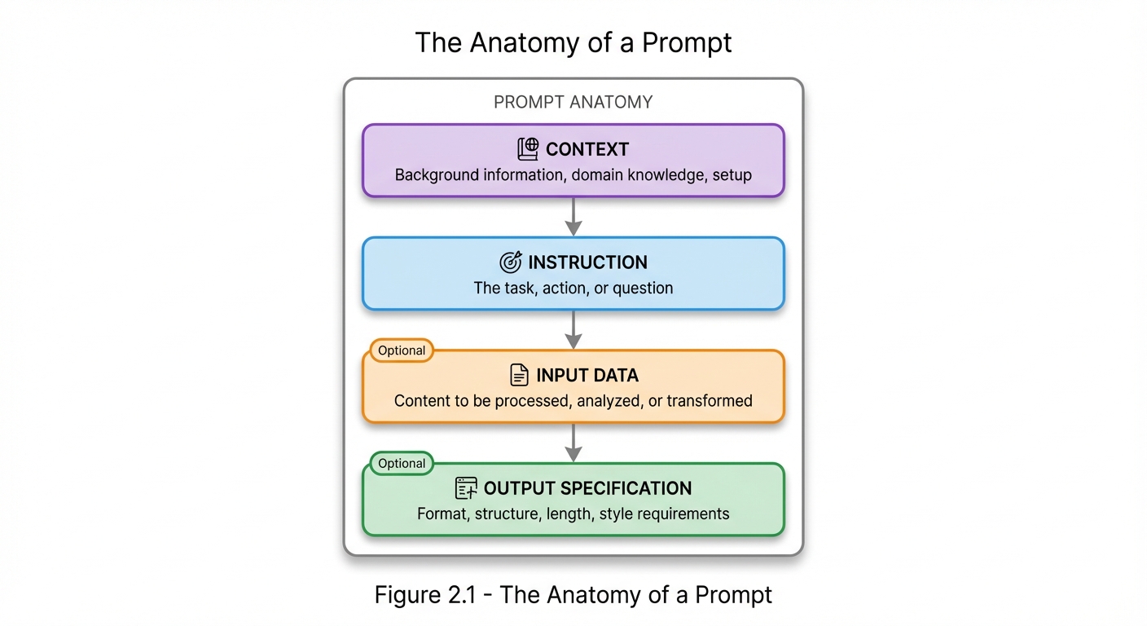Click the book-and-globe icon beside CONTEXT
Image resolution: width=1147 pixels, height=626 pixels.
pos(528,149)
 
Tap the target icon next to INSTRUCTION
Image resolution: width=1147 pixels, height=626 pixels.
pos(510,262)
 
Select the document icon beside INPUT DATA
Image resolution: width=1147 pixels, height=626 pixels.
pos(519,375)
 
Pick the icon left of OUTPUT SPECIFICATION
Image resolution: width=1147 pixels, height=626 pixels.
pos(466,488)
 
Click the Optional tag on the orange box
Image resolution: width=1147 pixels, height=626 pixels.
pos(402,350)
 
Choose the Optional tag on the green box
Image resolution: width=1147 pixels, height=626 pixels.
pos(402,463)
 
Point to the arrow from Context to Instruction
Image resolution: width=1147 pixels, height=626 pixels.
pos(573,216)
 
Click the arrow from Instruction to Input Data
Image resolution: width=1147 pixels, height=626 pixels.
pos(573,329)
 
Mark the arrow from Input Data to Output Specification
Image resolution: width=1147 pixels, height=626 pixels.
pos(573,442)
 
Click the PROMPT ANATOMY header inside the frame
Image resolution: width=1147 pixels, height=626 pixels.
pos(573,102)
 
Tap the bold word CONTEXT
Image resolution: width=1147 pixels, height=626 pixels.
pos(587,150)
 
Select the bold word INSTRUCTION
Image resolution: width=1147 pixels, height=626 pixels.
pos(587,262)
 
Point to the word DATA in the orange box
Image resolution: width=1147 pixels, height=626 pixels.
pos(614,376)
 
